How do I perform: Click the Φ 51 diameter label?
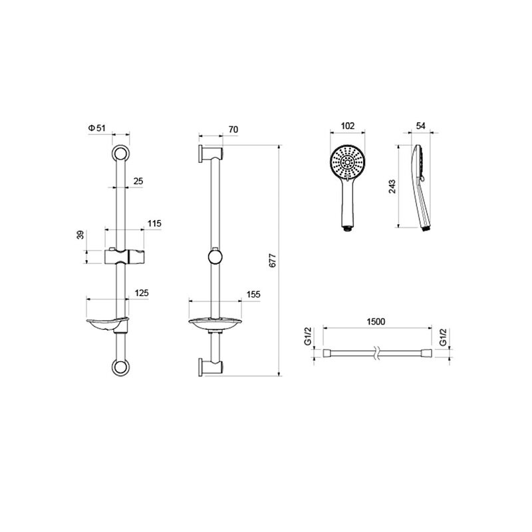click(x=97, y=128)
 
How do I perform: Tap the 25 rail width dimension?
click(x=138, y=181)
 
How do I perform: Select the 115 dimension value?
click(x=154, y=223)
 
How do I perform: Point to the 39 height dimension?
click(x=80, y=235)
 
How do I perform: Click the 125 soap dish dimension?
click(x=142, y=293)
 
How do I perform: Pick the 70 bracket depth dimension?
click(x=233, y=129)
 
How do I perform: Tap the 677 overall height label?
click(x=273, y=261)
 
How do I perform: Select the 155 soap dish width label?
click(x=253, y=294)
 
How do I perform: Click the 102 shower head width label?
click(x=347, y=126)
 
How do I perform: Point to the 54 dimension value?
click(x=420, y=126)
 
